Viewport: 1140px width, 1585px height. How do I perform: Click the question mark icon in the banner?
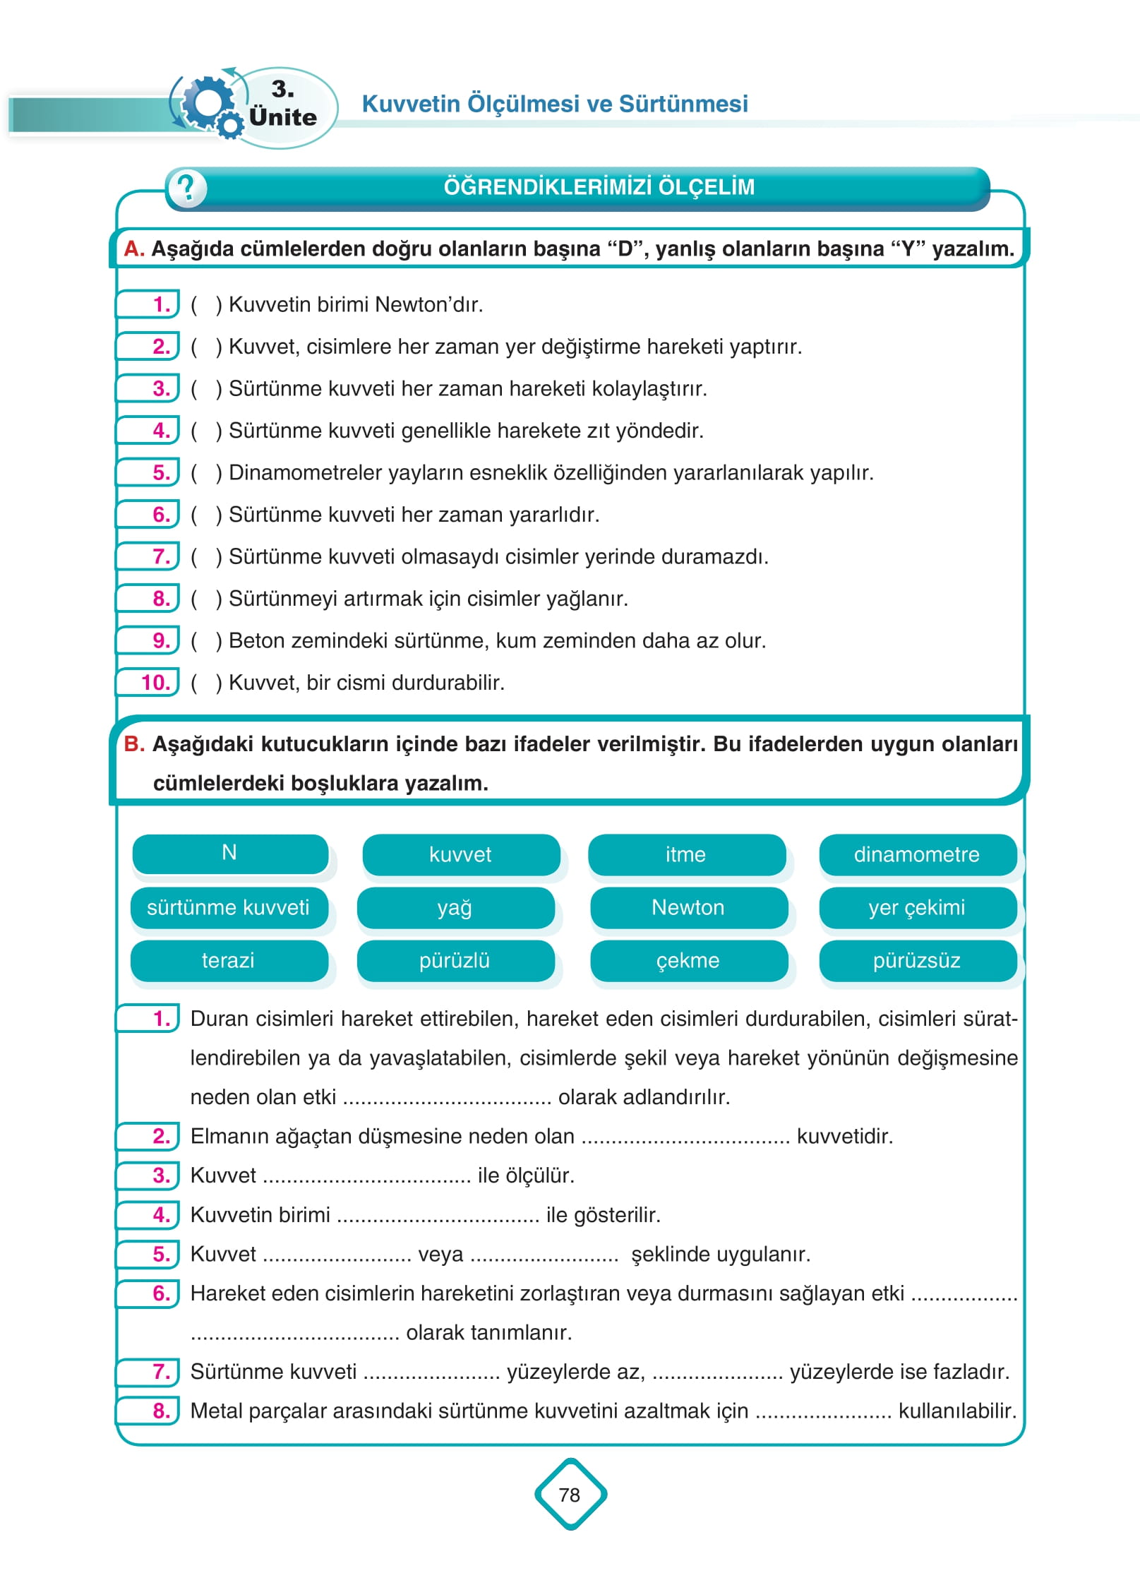pos(186,189)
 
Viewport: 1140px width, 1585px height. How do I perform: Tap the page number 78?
pos(570,1495)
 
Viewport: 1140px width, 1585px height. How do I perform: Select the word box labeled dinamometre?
pos(917,854)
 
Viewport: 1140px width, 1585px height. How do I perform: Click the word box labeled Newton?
pos(688,907)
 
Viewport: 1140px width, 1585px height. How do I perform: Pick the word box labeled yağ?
pos(455,907)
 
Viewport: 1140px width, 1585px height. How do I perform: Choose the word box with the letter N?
pos(229,853)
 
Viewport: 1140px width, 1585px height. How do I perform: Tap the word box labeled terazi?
pos(228,960)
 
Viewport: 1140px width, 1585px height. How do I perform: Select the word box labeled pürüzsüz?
pos(917,960)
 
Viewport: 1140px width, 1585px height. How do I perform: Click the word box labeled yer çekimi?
pos(917,907)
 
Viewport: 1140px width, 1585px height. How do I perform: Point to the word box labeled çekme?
pos(688,960)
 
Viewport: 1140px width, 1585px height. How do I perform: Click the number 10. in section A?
pos(156,683)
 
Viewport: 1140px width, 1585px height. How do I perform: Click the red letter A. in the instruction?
pos(134,249)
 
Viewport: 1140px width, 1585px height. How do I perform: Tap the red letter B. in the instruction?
pos(134,744)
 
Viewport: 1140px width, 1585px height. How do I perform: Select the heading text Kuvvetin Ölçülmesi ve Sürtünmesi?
pos(555,104)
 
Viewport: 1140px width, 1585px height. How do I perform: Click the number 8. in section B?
pos(162,1411)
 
